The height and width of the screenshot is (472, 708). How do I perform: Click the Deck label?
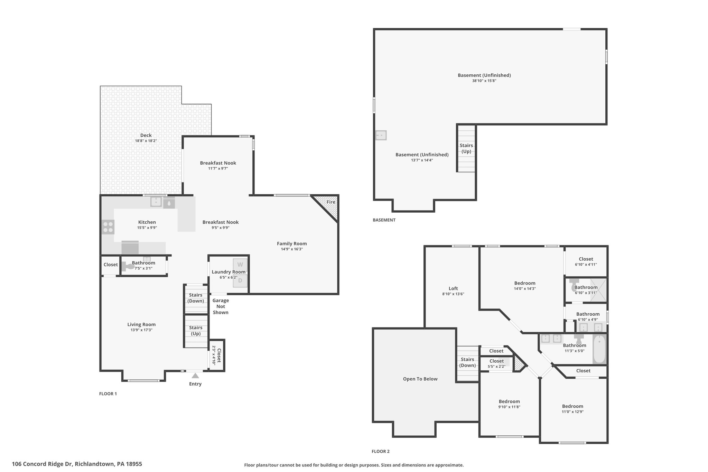point(146,135)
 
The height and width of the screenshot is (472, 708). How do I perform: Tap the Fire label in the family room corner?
point(331,202)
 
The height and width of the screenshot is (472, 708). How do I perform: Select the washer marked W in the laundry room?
point(240,265)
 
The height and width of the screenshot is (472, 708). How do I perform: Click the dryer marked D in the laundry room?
point(240,280)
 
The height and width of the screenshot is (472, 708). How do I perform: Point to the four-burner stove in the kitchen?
point(108,227)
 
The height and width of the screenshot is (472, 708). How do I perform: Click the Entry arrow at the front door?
point(195,376)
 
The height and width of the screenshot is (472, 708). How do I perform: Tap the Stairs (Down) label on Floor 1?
point(196,298)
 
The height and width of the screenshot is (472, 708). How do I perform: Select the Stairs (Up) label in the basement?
point(466,148)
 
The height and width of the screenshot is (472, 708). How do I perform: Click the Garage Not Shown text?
point(221,306)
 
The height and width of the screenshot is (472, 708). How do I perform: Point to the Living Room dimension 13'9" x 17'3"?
point(141,330)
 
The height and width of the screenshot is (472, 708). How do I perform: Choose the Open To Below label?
point(420,379)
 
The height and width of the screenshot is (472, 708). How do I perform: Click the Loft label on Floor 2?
point(453,288)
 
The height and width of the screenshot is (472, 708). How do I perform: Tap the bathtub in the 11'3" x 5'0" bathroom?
point(599,349)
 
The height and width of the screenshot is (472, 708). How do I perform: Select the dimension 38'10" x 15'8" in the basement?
point(484,81)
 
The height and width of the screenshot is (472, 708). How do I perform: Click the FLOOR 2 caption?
point(381,451)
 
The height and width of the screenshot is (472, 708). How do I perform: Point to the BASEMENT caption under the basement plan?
point(384,220)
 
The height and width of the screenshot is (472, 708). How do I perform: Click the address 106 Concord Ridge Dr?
point(43,464)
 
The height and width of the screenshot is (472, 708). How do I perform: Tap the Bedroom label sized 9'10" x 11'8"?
point(509,401)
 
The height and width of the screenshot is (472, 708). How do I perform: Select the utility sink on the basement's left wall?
point(381,135)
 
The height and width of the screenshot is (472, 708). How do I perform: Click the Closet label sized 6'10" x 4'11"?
point(586,259)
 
